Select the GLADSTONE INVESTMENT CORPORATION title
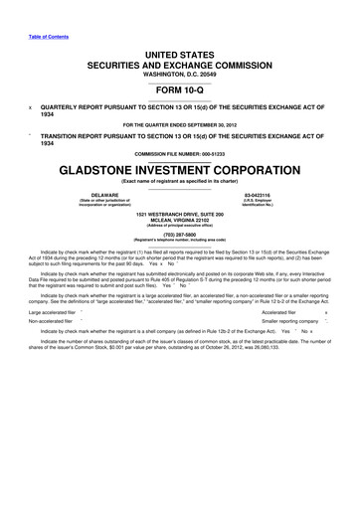pos(180,170)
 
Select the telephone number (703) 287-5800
pos(179,235)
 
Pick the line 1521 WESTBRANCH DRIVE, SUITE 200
pos(179,215)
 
